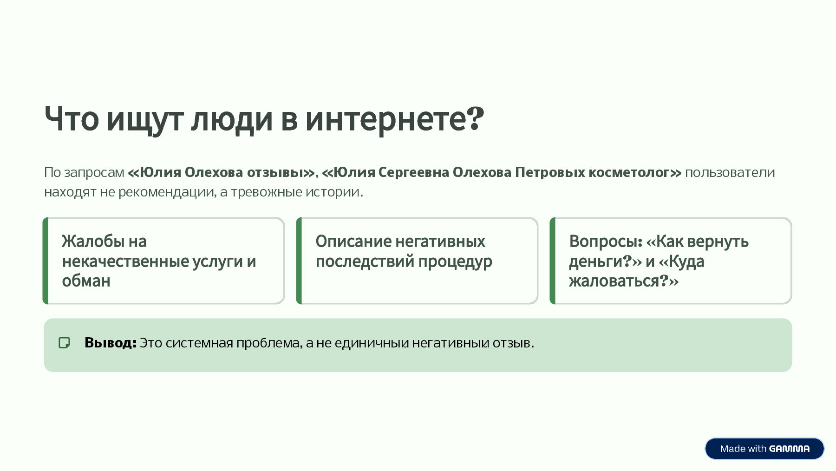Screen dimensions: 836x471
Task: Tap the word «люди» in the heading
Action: (231, 119)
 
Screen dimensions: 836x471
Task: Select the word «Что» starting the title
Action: (72, 119)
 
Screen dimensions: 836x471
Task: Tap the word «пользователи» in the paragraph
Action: (730, 172)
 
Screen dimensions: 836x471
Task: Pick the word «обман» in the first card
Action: (86, 281)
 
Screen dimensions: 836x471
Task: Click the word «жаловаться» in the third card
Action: (614, 281)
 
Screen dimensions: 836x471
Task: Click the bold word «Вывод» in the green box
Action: (109, 343)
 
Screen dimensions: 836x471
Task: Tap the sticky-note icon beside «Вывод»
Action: (64, 343)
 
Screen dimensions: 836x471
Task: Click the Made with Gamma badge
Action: (764, 448)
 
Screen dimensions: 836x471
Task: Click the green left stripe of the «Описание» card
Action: (299, 261)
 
